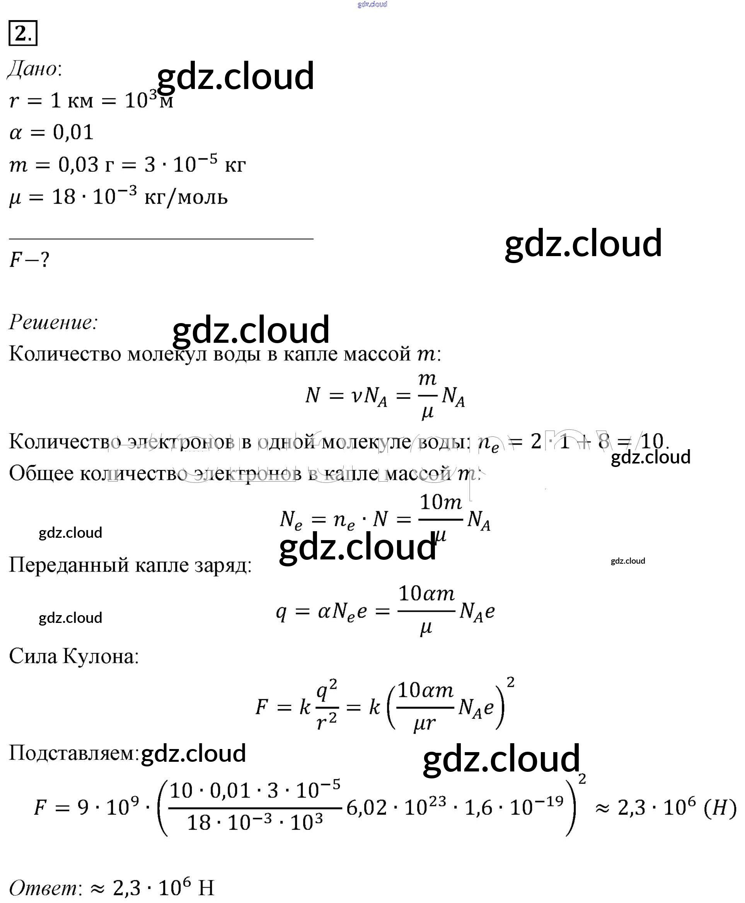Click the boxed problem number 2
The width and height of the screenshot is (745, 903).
pos(23,33)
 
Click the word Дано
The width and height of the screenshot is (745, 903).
pos(34,69)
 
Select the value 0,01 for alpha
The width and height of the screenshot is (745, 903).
pos(73,132)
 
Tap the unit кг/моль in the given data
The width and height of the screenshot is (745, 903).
pos(186,198)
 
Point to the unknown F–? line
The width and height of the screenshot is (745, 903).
pos(29,259)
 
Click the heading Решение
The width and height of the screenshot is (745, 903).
pos(53,322)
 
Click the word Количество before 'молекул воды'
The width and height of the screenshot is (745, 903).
pos(65,354)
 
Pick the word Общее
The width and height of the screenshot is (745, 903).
pos(41,473)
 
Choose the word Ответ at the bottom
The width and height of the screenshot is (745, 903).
pos(43,888)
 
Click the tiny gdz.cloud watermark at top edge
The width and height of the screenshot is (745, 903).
pos(372,4)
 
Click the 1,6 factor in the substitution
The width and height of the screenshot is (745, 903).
pos(478,808)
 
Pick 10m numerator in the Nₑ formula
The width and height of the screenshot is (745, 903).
pos(440,502)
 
